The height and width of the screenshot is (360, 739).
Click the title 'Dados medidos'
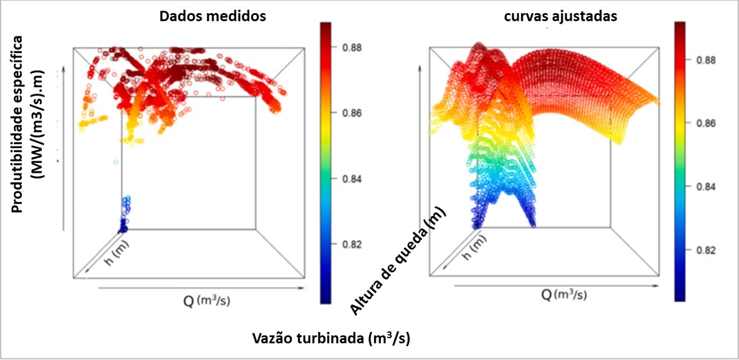tap(213, 16)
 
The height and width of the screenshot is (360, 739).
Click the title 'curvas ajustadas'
tap(559, 16)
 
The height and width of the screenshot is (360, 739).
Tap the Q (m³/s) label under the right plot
tap(564, 295)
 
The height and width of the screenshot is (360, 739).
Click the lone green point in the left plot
tap(115, 162)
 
